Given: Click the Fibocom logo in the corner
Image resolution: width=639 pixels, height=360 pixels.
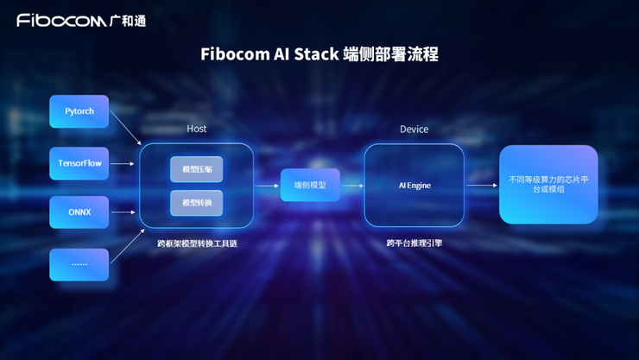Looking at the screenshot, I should click(x=81, y=20).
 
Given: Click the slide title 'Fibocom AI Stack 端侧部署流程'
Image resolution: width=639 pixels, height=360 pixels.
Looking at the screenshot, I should click(x=319, y=54).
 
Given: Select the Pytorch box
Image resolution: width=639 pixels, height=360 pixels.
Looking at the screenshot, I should click(x=79, y=111).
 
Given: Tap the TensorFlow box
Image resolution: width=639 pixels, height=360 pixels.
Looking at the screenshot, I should click(x=79, y=163).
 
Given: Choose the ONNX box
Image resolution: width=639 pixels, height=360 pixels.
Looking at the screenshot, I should click(x=79, y=212).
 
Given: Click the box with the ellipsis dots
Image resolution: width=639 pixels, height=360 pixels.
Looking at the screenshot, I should click(x=79, y=264).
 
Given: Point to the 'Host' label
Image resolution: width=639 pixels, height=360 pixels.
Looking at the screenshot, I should click(x=197, y=129).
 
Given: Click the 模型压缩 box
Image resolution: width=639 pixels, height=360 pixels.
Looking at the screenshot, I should click(x=197, y=169).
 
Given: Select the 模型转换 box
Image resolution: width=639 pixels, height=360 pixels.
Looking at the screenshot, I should click(x=197, y=203).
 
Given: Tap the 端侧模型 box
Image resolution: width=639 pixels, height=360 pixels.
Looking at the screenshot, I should click(x=310, y=186).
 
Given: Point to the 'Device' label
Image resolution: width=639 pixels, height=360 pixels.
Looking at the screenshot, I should click(x=414, y=129).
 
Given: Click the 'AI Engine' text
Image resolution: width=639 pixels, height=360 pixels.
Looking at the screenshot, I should click(x=414, y=186).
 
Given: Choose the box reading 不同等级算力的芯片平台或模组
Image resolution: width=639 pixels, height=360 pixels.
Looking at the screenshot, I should click(x=548, y=185).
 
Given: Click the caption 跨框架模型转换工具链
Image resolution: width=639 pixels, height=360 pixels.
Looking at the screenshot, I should click(x=197, y=244).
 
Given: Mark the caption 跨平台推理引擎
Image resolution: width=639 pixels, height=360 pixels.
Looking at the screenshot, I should click(x=414, y=244).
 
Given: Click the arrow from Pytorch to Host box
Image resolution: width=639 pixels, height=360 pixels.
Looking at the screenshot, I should click(x=126, y=129).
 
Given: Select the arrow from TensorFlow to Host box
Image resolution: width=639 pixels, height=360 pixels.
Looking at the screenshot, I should click(x=123, y=163).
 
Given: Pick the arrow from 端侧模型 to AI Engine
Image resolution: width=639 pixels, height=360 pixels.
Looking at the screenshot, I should click(x=351, y=186).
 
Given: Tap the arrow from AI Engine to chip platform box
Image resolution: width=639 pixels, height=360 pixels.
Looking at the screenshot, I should click(x=481, y=186).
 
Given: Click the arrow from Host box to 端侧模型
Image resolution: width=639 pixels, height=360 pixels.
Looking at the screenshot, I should click(x=267, y=186).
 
